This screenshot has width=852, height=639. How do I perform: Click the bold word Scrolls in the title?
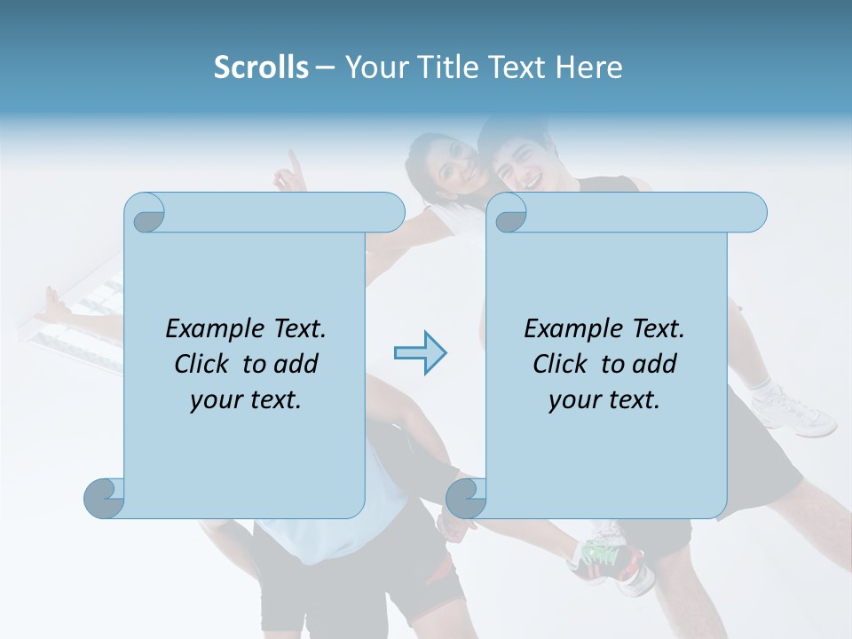(x=261, y=67)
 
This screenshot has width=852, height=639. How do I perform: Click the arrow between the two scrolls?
(x=420, y=353)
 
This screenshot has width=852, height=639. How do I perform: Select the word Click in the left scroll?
(x=203, y=364)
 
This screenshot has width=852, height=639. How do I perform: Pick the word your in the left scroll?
(x=214, y=400)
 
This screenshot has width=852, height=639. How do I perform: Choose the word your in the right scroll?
(x=572, y=400)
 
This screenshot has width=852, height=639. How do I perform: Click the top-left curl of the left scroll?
(x=145, y=213)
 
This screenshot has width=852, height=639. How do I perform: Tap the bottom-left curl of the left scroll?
(x=104, y=498)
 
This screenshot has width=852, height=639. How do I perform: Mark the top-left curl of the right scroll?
(x=507, y=213)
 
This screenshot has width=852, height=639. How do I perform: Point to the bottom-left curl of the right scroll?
(x=466, y=498)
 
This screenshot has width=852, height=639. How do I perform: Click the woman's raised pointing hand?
(x=288, y=173)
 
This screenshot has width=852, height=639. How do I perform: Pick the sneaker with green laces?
(x=608, y=555)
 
